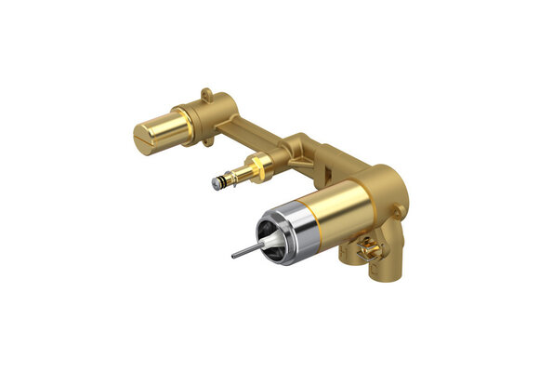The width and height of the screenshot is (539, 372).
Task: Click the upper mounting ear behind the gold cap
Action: [x=206, y=94]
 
